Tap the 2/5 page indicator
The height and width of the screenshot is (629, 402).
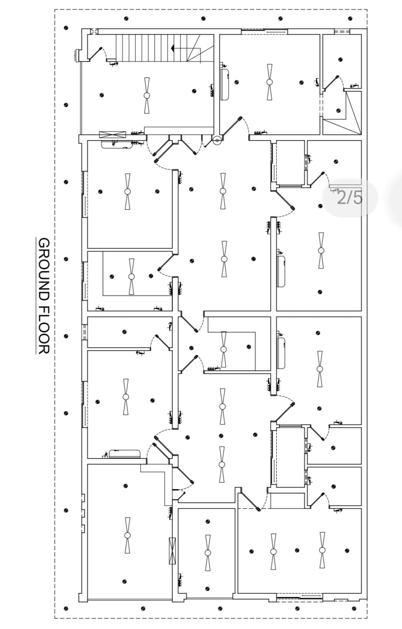(x=350, y=198)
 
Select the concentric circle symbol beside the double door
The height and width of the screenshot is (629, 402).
(x=217, y=141)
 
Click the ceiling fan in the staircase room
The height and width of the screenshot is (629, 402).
(x=146, y=95)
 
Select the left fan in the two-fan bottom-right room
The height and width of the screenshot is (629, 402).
(x=273, y=551)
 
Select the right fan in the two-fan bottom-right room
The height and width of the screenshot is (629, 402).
(x=322, y=550)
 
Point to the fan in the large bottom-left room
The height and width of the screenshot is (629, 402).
(x=127, y=535)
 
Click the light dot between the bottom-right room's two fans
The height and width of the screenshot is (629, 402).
(x=297, y=550)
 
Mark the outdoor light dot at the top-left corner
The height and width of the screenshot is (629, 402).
(x=66, y=27)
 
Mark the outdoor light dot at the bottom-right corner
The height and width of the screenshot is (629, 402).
(x=352, y=608)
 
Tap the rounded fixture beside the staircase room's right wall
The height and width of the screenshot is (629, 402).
(x=225, y=84)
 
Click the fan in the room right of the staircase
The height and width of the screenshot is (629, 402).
(x=270, y=82)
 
